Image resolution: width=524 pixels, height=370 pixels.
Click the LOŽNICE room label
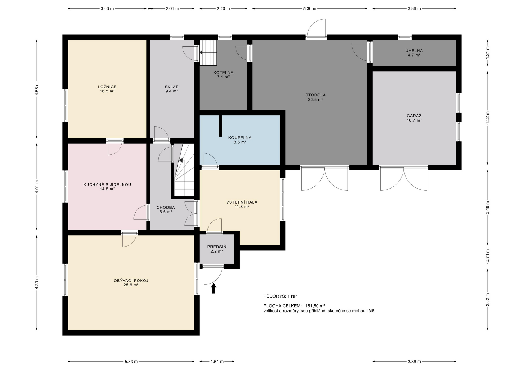[x=107, y=89]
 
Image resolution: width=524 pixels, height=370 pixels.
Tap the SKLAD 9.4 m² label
[x=172, y=89]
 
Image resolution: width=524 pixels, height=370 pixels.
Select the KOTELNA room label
[x=223, y=75]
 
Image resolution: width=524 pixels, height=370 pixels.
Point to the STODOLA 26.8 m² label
[x=315, y=97]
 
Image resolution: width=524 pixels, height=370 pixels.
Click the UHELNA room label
[x=414, y=53]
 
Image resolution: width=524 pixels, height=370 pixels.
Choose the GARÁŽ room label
[x=414, y=118]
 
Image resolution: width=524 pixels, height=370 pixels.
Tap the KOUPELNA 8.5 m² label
[x=240, y=140]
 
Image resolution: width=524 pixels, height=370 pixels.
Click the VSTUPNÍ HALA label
[x=242, y=204]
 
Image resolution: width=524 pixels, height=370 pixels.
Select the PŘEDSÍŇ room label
[x=217, y=249]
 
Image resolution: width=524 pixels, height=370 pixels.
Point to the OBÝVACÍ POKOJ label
[x=131, y=283]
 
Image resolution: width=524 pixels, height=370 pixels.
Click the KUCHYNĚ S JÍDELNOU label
[x=107, y=187]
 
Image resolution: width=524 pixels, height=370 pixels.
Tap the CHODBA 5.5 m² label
[x=166, y=210]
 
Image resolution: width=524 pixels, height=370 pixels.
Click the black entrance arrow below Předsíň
[x=214, y=288]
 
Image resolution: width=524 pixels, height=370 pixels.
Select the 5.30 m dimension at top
[x=310, y=8]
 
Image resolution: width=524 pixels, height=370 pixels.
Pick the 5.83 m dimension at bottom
[x=131, y=362]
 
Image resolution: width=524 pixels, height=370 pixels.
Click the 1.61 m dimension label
[x=217, y=362]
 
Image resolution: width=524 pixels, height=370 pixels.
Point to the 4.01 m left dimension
[x=37, y=187]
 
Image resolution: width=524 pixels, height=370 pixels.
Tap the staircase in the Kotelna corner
[x=208, y=53]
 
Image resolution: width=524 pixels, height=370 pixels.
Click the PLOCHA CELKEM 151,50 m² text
[x=294, y=306]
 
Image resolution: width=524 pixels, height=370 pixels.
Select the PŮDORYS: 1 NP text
[x=280, y=296]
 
